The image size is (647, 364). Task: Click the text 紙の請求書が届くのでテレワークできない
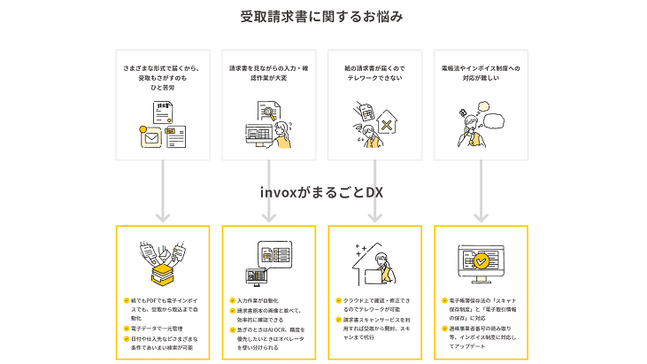pos(374,72)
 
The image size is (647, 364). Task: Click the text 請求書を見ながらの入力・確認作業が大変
pos(268,72)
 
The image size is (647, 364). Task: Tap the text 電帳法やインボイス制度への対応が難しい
pos(481,72)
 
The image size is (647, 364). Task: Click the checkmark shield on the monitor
pos(481,261)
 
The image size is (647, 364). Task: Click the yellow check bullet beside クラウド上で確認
pos(338,301)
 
